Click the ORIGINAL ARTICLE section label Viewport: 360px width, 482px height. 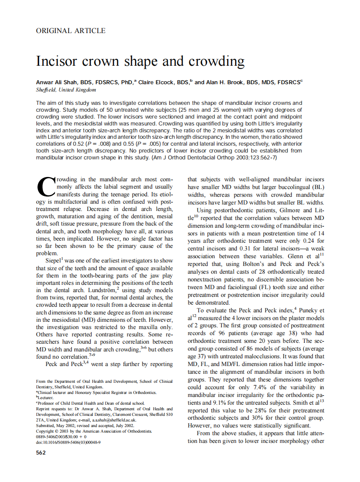coord(71,31)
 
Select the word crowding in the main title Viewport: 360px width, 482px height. coord(216,61)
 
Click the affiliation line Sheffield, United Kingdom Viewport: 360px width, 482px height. coord(66,90)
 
